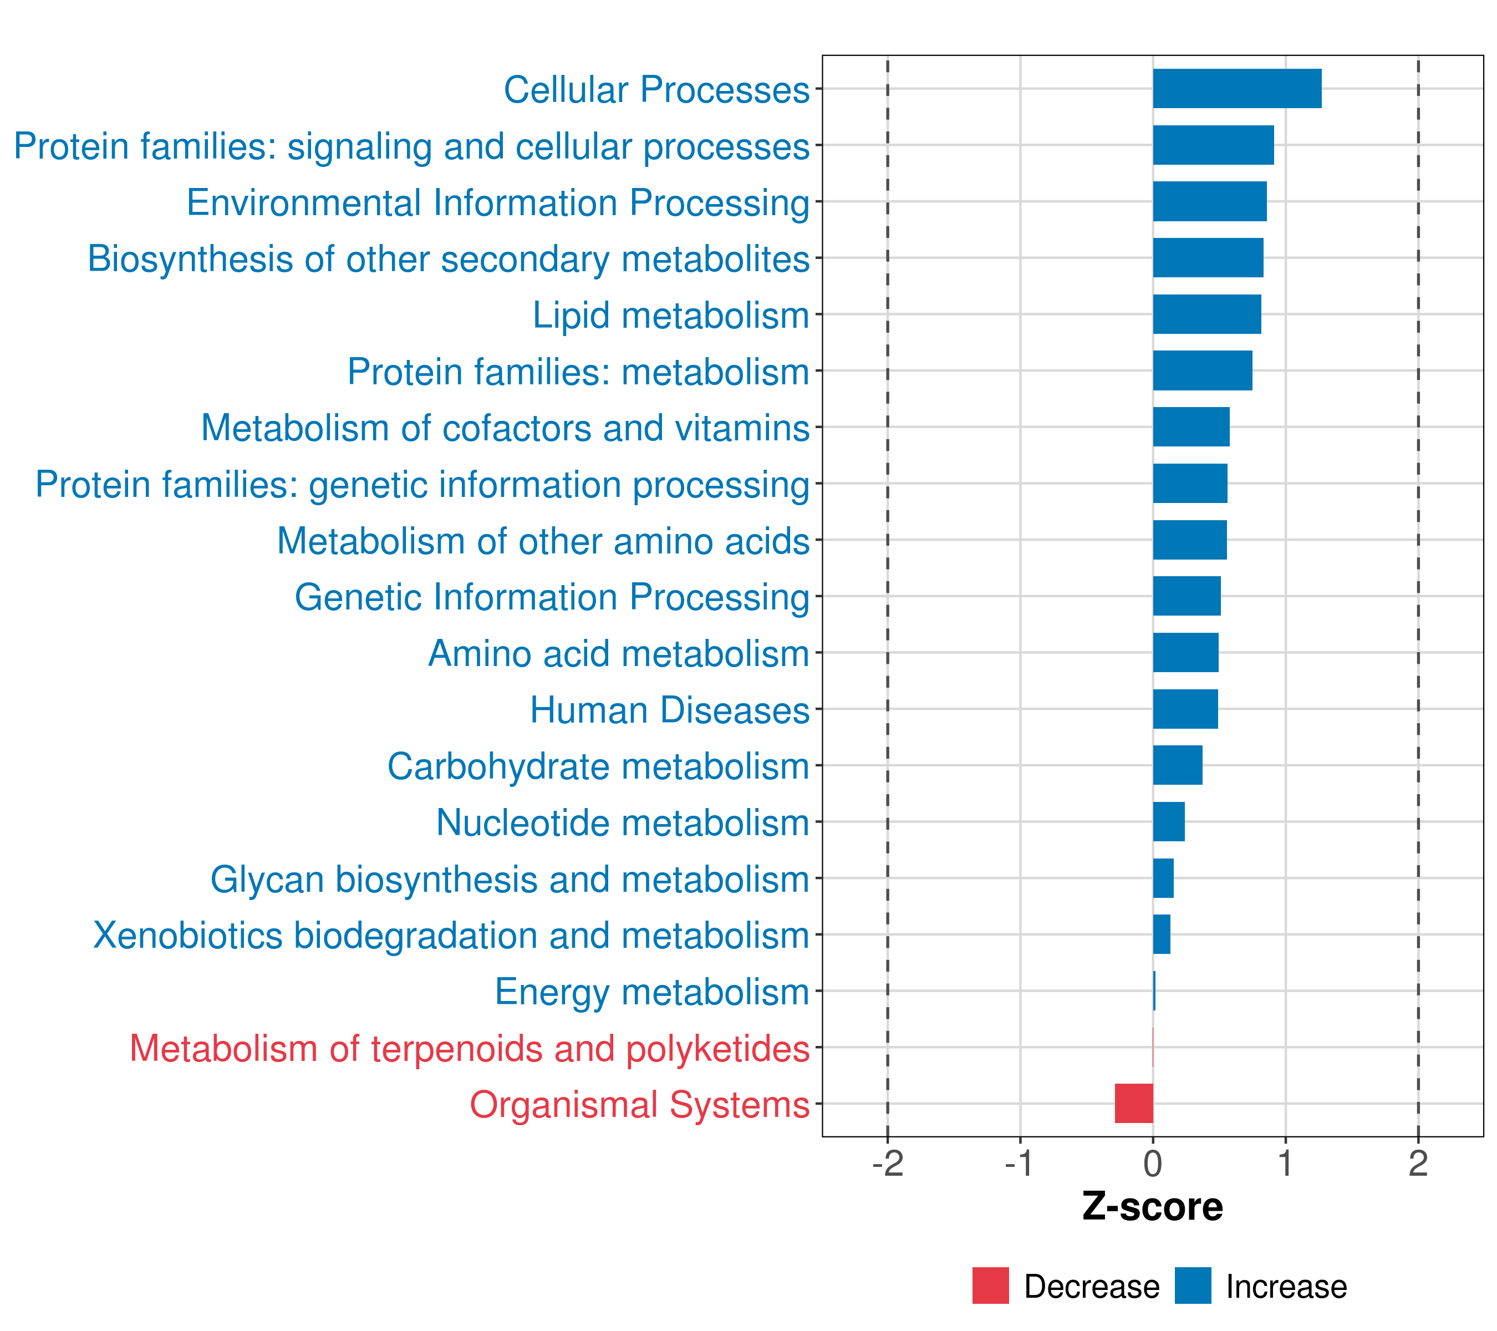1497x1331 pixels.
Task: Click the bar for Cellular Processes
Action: click(1237, 89)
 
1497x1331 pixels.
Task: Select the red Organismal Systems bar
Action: click(1134, 1103)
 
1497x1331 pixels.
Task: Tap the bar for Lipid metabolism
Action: click(1207, 314)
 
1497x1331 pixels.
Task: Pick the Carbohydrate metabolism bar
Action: click(1178, 765)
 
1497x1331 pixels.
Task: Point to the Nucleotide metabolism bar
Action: click(1169, 821)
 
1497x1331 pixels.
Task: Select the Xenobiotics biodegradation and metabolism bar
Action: click(1162, 934)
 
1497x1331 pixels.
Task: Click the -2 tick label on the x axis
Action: click(888, 1164)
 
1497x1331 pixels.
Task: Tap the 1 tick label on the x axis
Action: click(1285, 1164)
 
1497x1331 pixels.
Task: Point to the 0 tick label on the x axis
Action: click(1153, 1164)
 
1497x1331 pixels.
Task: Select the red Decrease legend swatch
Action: click(991, 1286)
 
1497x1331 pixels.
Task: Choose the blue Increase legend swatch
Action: click(1193, 1286)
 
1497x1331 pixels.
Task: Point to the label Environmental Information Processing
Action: click(498, 203)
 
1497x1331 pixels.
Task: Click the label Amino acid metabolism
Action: click(619, 653)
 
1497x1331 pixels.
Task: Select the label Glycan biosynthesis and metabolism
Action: click(510, 880)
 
